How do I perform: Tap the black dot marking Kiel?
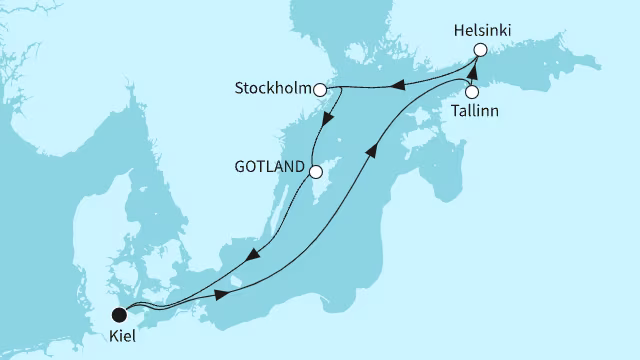click(119, 314)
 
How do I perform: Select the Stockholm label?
click(274, 90)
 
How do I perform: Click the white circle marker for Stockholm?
click(321, 90)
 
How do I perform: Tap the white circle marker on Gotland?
click(315, 171)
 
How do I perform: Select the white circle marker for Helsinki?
click(480, 50)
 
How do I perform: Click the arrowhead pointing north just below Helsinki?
click(473, 70)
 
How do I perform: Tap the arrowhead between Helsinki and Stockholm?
click(396, 85)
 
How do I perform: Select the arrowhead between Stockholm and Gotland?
click(327, 121)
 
